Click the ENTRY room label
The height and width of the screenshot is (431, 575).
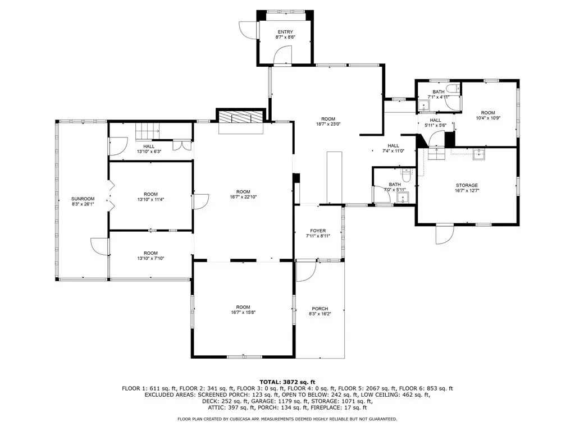[285, 32]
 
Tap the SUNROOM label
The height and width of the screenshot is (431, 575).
[83, 199]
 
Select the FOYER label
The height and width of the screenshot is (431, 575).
[318, 231]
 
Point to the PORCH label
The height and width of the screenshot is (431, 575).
[320, 309]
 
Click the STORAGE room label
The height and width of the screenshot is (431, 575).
[467, 185]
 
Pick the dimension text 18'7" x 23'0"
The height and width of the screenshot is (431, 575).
[328, 124]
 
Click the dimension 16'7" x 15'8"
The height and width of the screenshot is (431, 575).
[243, 313]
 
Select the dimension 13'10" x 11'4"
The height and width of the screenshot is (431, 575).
[150, 200]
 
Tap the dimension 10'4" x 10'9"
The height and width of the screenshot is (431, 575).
[488, 118]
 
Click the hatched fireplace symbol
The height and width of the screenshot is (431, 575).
[241, 117]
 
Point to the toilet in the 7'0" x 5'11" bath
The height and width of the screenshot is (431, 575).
[406, 175]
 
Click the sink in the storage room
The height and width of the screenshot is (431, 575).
[478, 155]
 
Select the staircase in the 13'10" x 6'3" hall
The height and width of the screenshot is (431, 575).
[148, 131]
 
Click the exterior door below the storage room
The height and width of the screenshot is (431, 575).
[445, 234]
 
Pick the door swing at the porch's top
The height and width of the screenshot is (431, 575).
[307, 271]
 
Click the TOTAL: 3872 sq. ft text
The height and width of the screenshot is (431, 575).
[287, 382]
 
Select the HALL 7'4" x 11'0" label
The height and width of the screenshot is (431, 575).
[394, 148]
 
